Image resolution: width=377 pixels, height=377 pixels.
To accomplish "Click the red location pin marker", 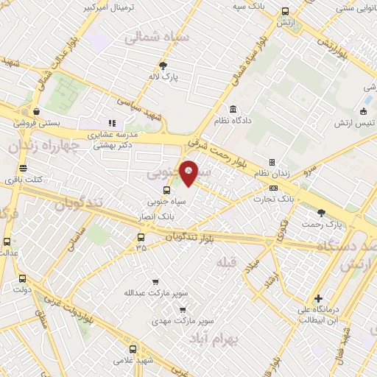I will click(x=189, y=172).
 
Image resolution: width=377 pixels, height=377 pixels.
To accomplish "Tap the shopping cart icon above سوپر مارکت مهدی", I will click(x=183, y=310).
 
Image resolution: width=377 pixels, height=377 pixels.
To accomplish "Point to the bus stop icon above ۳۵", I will click(x=141, y=237).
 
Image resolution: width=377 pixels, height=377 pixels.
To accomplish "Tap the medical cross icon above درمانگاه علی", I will click(x=318, y=298).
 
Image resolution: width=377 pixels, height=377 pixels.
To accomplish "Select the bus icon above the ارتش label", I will click(x=286, y=11).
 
